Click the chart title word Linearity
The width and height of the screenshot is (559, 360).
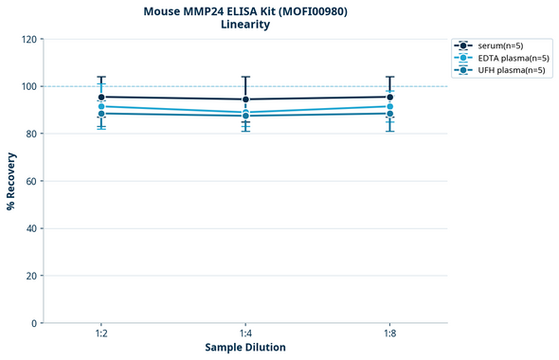point(244,25)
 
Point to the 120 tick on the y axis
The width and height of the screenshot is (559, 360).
point(29,39)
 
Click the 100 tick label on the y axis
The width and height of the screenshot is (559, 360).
point(29,86)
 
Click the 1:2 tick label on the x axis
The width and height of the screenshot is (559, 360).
point(101,334)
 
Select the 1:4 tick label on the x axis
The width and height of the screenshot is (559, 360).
point(245,334)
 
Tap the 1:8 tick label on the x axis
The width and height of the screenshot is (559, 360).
point(389,334)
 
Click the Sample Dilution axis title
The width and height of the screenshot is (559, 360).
point(245,348)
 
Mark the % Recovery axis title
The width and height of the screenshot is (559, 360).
point(11,180)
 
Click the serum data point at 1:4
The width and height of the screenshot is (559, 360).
point(245,99)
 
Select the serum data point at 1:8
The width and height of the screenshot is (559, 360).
point(389,97)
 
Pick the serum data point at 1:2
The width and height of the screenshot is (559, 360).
point(101,97)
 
